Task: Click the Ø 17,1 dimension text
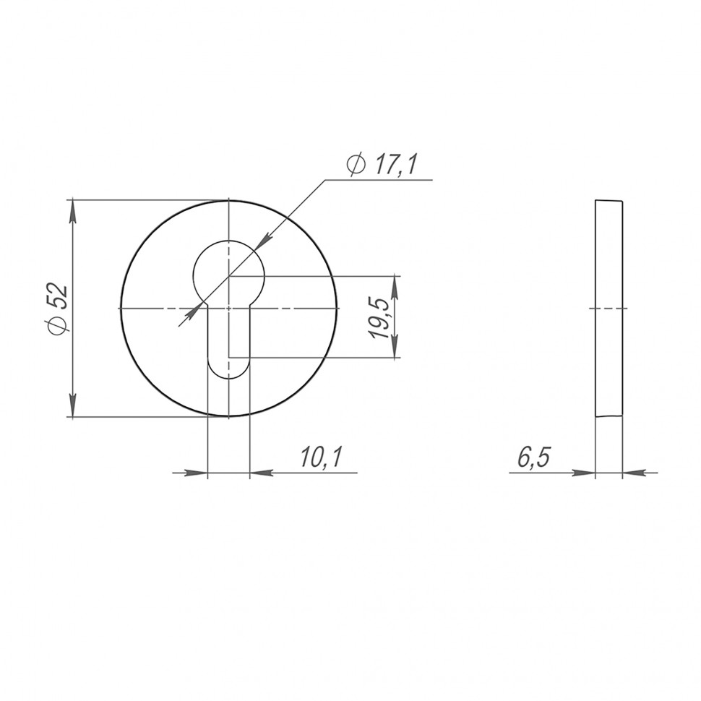(382, 165)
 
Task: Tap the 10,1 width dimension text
(321, 457)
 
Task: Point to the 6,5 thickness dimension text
(533, 457)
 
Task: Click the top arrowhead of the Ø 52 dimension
(73, 211)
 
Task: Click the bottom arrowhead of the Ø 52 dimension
(73, 406)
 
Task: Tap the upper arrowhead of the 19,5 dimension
(395, 288)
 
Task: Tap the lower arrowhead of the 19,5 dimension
(395, 346)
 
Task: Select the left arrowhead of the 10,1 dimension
(196, 473)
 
